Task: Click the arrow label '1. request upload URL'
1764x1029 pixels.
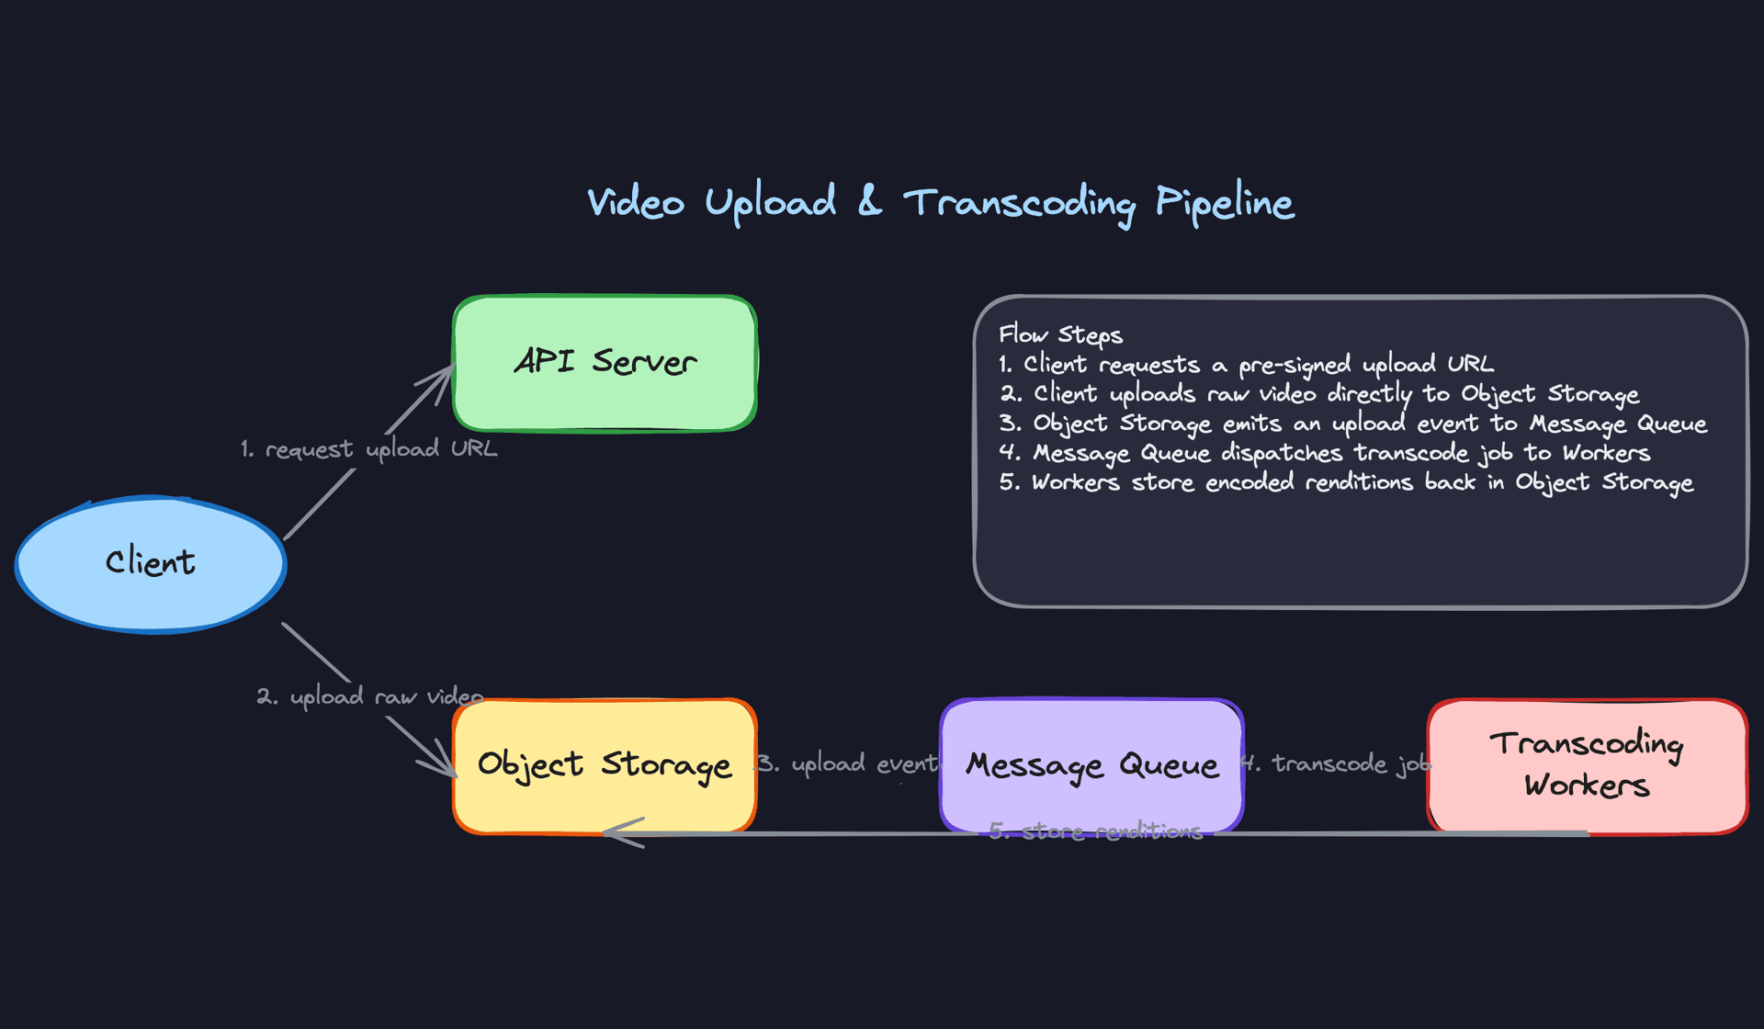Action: coord(368,449)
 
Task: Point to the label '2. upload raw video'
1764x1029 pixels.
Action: coord(369,696)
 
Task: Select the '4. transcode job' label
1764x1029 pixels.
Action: coord(1336,763)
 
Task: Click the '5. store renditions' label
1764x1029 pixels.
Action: coord(1095,831)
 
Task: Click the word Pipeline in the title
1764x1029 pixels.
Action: coord(1225,202)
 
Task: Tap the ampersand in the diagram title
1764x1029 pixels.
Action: coord(869,200)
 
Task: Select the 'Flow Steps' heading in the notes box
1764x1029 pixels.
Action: coord(1060,334)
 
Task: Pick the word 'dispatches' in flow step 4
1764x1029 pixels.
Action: coord(1282,453)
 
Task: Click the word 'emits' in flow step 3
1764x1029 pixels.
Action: coord(1251,424)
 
